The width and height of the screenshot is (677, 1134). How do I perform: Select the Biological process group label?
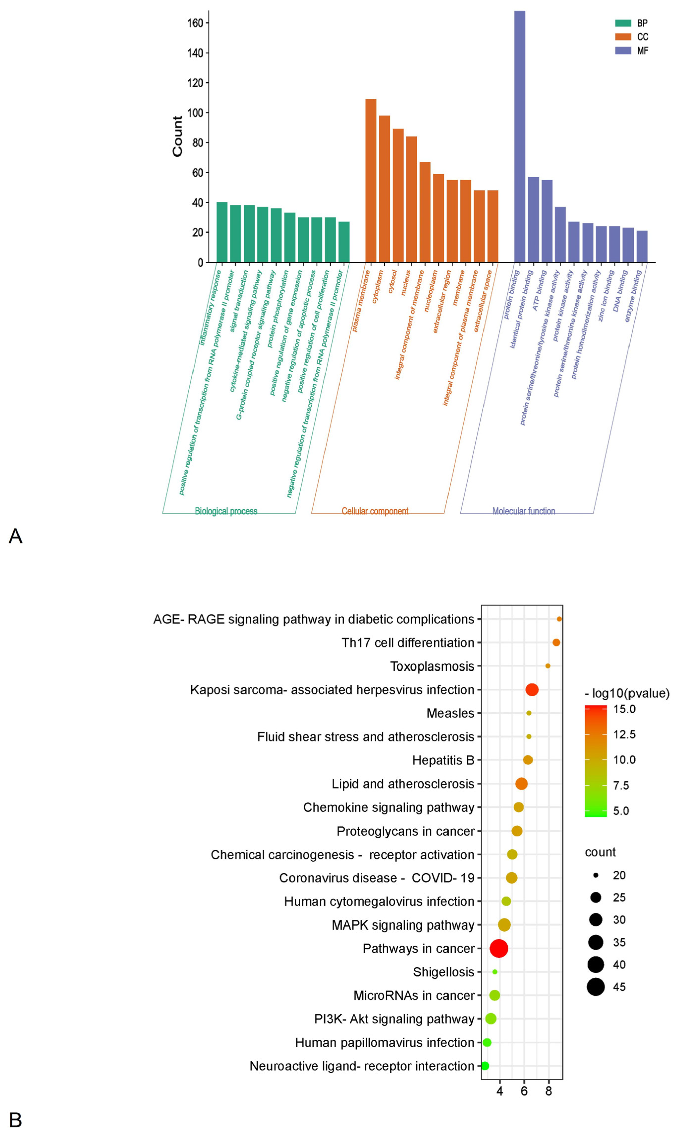(x=226, y=511)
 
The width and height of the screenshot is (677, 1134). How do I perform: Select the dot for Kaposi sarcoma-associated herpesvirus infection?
(x=532, y=689)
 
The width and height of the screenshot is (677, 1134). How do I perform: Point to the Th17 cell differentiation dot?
(x=556, y=642)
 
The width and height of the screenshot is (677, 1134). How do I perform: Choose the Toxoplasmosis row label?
(x=432, y=666)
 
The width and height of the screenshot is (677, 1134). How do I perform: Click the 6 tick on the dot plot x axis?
(x=524, y=1091)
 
